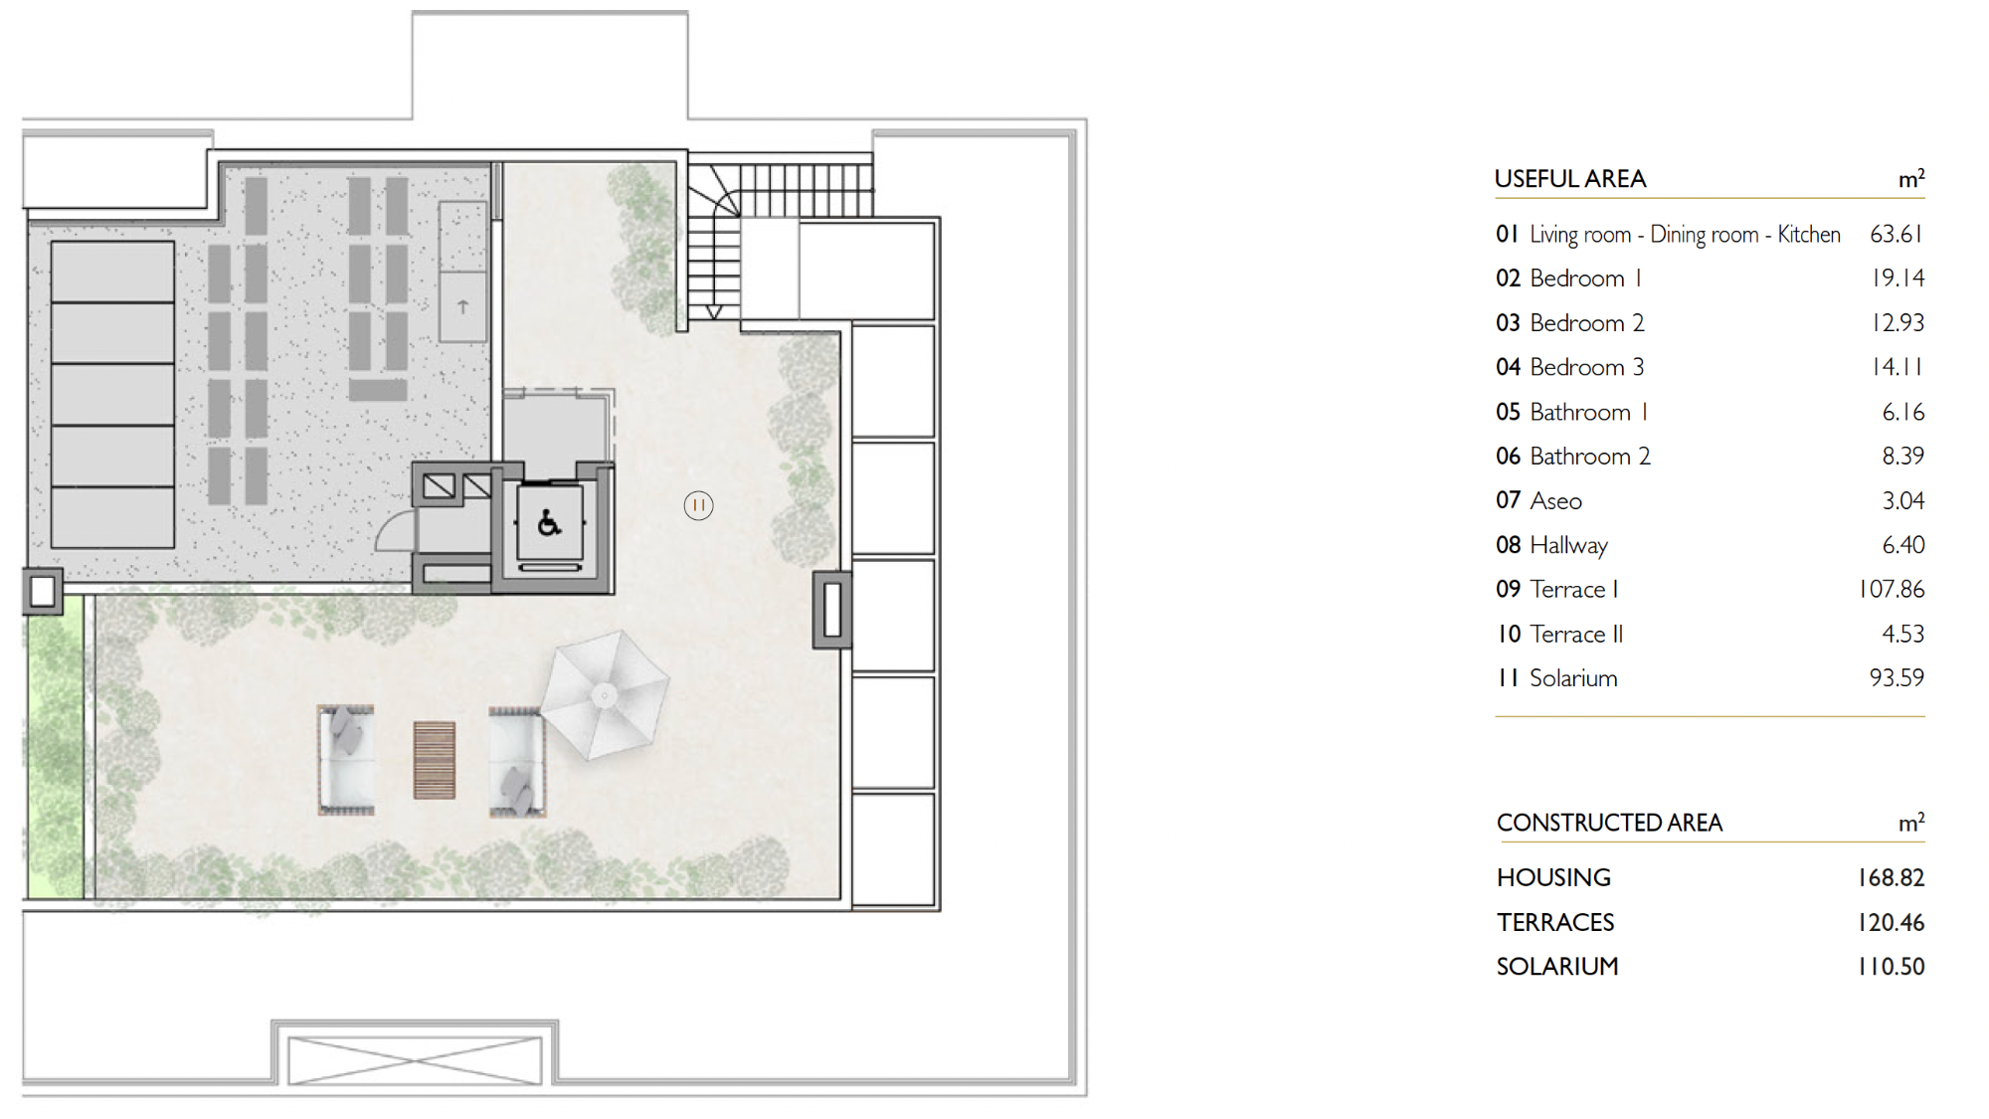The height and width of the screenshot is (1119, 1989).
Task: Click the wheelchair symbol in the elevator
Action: (549, 523)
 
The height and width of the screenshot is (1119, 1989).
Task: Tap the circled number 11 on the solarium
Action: (698, 505)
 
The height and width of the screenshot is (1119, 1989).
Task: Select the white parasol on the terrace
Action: (605, 694)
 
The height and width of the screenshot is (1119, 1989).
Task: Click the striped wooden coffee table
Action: (435, 760)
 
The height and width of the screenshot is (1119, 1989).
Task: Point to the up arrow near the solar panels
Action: (462, 307)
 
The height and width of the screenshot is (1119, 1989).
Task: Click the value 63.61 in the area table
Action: (1897, 234)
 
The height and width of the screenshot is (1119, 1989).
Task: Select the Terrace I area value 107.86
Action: (1892, 589)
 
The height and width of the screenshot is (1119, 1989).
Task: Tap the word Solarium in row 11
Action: (1573, 678)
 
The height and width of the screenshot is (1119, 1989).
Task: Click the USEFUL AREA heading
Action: (1570, 179)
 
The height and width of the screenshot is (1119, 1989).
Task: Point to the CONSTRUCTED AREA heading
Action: (1609, 823)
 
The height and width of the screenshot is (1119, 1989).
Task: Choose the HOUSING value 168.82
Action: (1892, 877)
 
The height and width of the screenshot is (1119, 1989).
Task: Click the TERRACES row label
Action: (1555, 922)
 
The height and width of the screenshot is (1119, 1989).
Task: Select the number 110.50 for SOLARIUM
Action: (1892, 966)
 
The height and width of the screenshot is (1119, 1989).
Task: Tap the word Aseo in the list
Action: (1555, 500)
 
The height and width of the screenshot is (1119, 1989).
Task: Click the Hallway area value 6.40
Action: (1903, 545)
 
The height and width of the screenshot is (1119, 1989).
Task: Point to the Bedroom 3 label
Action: (1587, 367)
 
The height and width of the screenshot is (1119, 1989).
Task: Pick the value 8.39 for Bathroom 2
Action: (1903, 456)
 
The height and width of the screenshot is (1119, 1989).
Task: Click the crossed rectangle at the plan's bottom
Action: (415, 1060)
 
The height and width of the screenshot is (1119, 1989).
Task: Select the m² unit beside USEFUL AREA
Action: (1911, 179)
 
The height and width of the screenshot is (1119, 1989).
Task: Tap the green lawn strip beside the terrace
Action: (55, 756)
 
